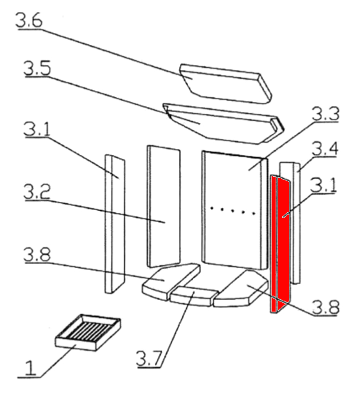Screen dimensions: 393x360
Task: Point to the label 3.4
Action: [x=325, y=148]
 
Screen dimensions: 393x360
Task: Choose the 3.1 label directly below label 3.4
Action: [x=324, y=185]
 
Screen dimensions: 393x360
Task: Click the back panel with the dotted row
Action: [x=232, y=205]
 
